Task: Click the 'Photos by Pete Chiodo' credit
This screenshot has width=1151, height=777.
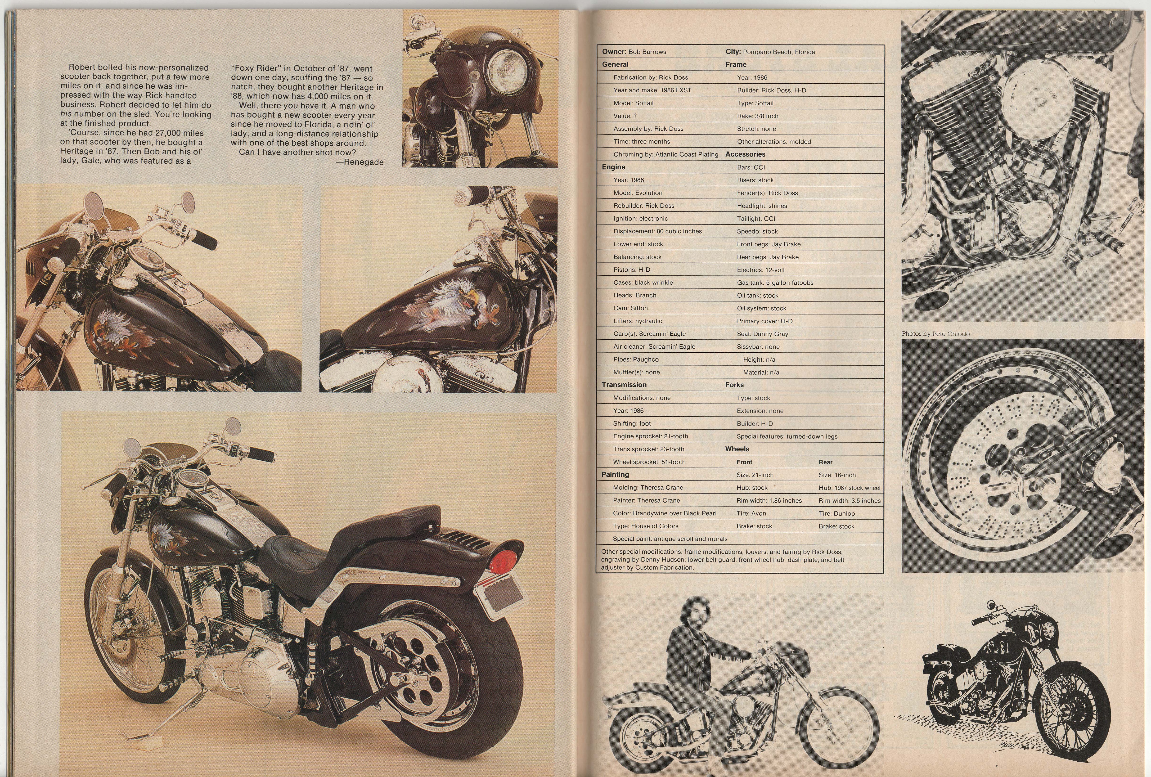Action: [x=935, y=334]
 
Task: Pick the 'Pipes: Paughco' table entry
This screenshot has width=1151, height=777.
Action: [x=636, y=359]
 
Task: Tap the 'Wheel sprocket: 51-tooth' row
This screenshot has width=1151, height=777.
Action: [x=649, y=462]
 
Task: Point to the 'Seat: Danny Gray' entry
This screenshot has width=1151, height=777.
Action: [x=762, y=334]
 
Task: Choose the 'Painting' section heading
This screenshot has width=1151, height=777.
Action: [x=615, y=474]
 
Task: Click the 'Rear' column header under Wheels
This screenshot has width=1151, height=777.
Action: [x=826, y=462]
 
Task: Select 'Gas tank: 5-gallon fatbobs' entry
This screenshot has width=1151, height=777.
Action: [x=775, y=283]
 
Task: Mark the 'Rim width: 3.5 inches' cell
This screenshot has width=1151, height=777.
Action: [x=849, y=501]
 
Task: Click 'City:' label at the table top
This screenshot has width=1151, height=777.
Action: [x=733, y=51]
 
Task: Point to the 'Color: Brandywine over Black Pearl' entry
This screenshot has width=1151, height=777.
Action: [x=665, y=514]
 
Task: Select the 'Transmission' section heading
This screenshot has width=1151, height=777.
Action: [x=624, y=385]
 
